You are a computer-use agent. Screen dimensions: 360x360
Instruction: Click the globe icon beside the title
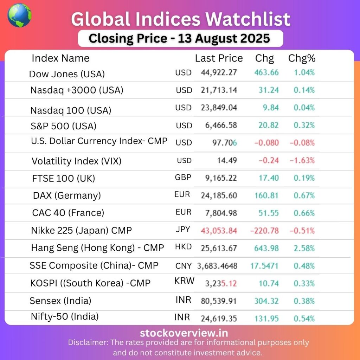point(19,15)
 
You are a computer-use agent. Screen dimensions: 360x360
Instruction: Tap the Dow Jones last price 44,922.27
point(219,72)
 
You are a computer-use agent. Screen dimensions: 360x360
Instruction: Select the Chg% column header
point(302,58)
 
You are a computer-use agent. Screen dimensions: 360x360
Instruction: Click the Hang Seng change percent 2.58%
point(304,248)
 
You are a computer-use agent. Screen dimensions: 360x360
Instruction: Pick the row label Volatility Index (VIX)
point(76,161)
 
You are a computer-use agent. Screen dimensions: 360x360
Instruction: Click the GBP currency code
point(183,177)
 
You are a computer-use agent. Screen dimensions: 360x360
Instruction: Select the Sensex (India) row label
point(60,301)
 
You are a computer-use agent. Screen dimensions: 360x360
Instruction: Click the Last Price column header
point(219,58)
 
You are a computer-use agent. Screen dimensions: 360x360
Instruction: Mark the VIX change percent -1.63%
point(302,161)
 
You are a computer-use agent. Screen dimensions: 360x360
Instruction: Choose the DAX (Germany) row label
point(67,195)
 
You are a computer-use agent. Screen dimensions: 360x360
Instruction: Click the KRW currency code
point(184,281)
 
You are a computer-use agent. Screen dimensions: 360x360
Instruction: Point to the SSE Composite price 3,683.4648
point(217,266)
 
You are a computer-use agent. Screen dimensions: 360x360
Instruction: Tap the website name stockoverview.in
point(184,333)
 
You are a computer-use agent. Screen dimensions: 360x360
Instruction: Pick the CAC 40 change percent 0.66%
point(304,213)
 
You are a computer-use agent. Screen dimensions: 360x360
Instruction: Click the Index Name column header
point(60,58)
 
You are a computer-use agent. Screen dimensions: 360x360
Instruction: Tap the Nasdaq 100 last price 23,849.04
point(219,108)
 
